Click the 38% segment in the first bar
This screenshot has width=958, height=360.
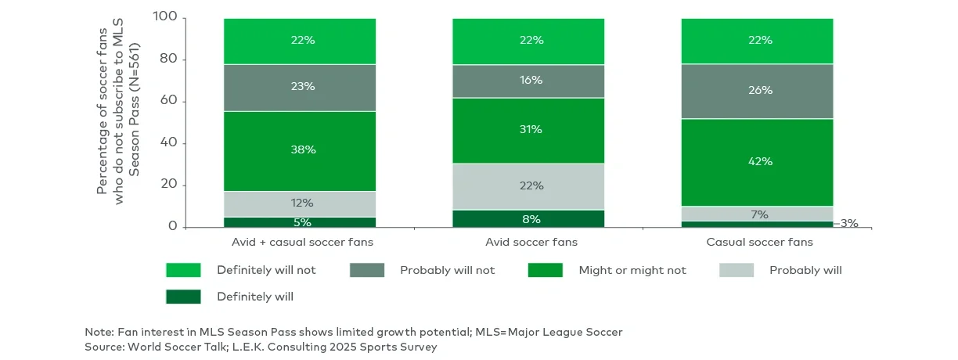[300, 149]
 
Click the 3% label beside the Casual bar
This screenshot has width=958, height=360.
[848, 223]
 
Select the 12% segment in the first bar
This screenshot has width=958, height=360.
[300, 203]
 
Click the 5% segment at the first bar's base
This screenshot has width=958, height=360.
[300, 221]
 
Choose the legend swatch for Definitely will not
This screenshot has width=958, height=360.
[183, 270]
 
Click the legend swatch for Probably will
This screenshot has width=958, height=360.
[736, 270]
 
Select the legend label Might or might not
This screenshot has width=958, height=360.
[632, 270]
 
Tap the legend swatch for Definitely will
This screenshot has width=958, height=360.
[183, 297]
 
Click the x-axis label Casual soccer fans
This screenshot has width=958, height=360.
[759, 243]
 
